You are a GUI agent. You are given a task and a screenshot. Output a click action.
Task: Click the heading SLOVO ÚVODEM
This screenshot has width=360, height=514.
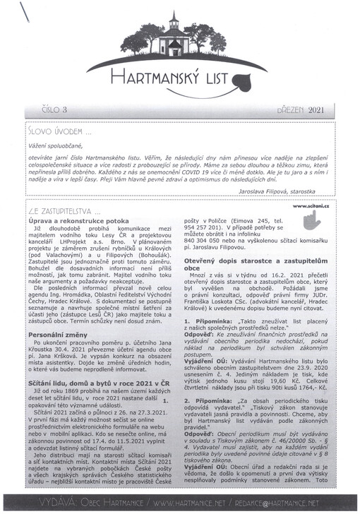[x=59, y=131]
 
